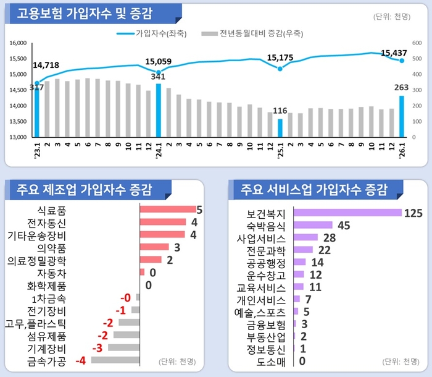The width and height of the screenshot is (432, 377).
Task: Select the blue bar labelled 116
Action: pyautogui.click(x=280, y=127)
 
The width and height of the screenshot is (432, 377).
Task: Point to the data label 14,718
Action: pyautogui.click(x=46, y=65)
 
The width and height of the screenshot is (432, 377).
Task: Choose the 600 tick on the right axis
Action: pyautogui.click(x=417, y=43)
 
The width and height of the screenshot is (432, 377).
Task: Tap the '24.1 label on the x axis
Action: pyautogui.click(x=159, y=148)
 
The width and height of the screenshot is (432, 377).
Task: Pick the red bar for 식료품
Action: pyautogui.click(x=167, y=209)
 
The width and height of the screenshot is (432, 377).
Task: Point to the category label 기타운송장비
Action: pyautogui.click(x=36, y=235)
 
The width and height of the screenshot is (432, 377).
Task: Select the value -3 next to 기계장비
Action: pyautogui.click(x=97, y=347)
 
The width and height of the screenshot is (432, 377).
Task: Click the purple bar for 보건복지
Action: pyautogui.click(x=347, y=213)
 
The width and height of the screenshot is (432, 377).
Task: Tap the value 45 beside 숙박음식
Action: pyautogui.click(x=344, y=225)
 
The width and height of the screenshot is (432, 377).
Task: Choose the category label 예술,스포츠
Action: pyautogui.click(x=261, y=311)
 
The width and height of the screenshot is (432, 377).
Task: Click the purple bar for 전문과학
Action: pyautogui.click(x=304, y=250)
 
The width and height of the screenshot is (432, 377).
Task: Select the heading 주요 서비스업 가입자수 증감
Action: pyautogui.click(x=315, y=188)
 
